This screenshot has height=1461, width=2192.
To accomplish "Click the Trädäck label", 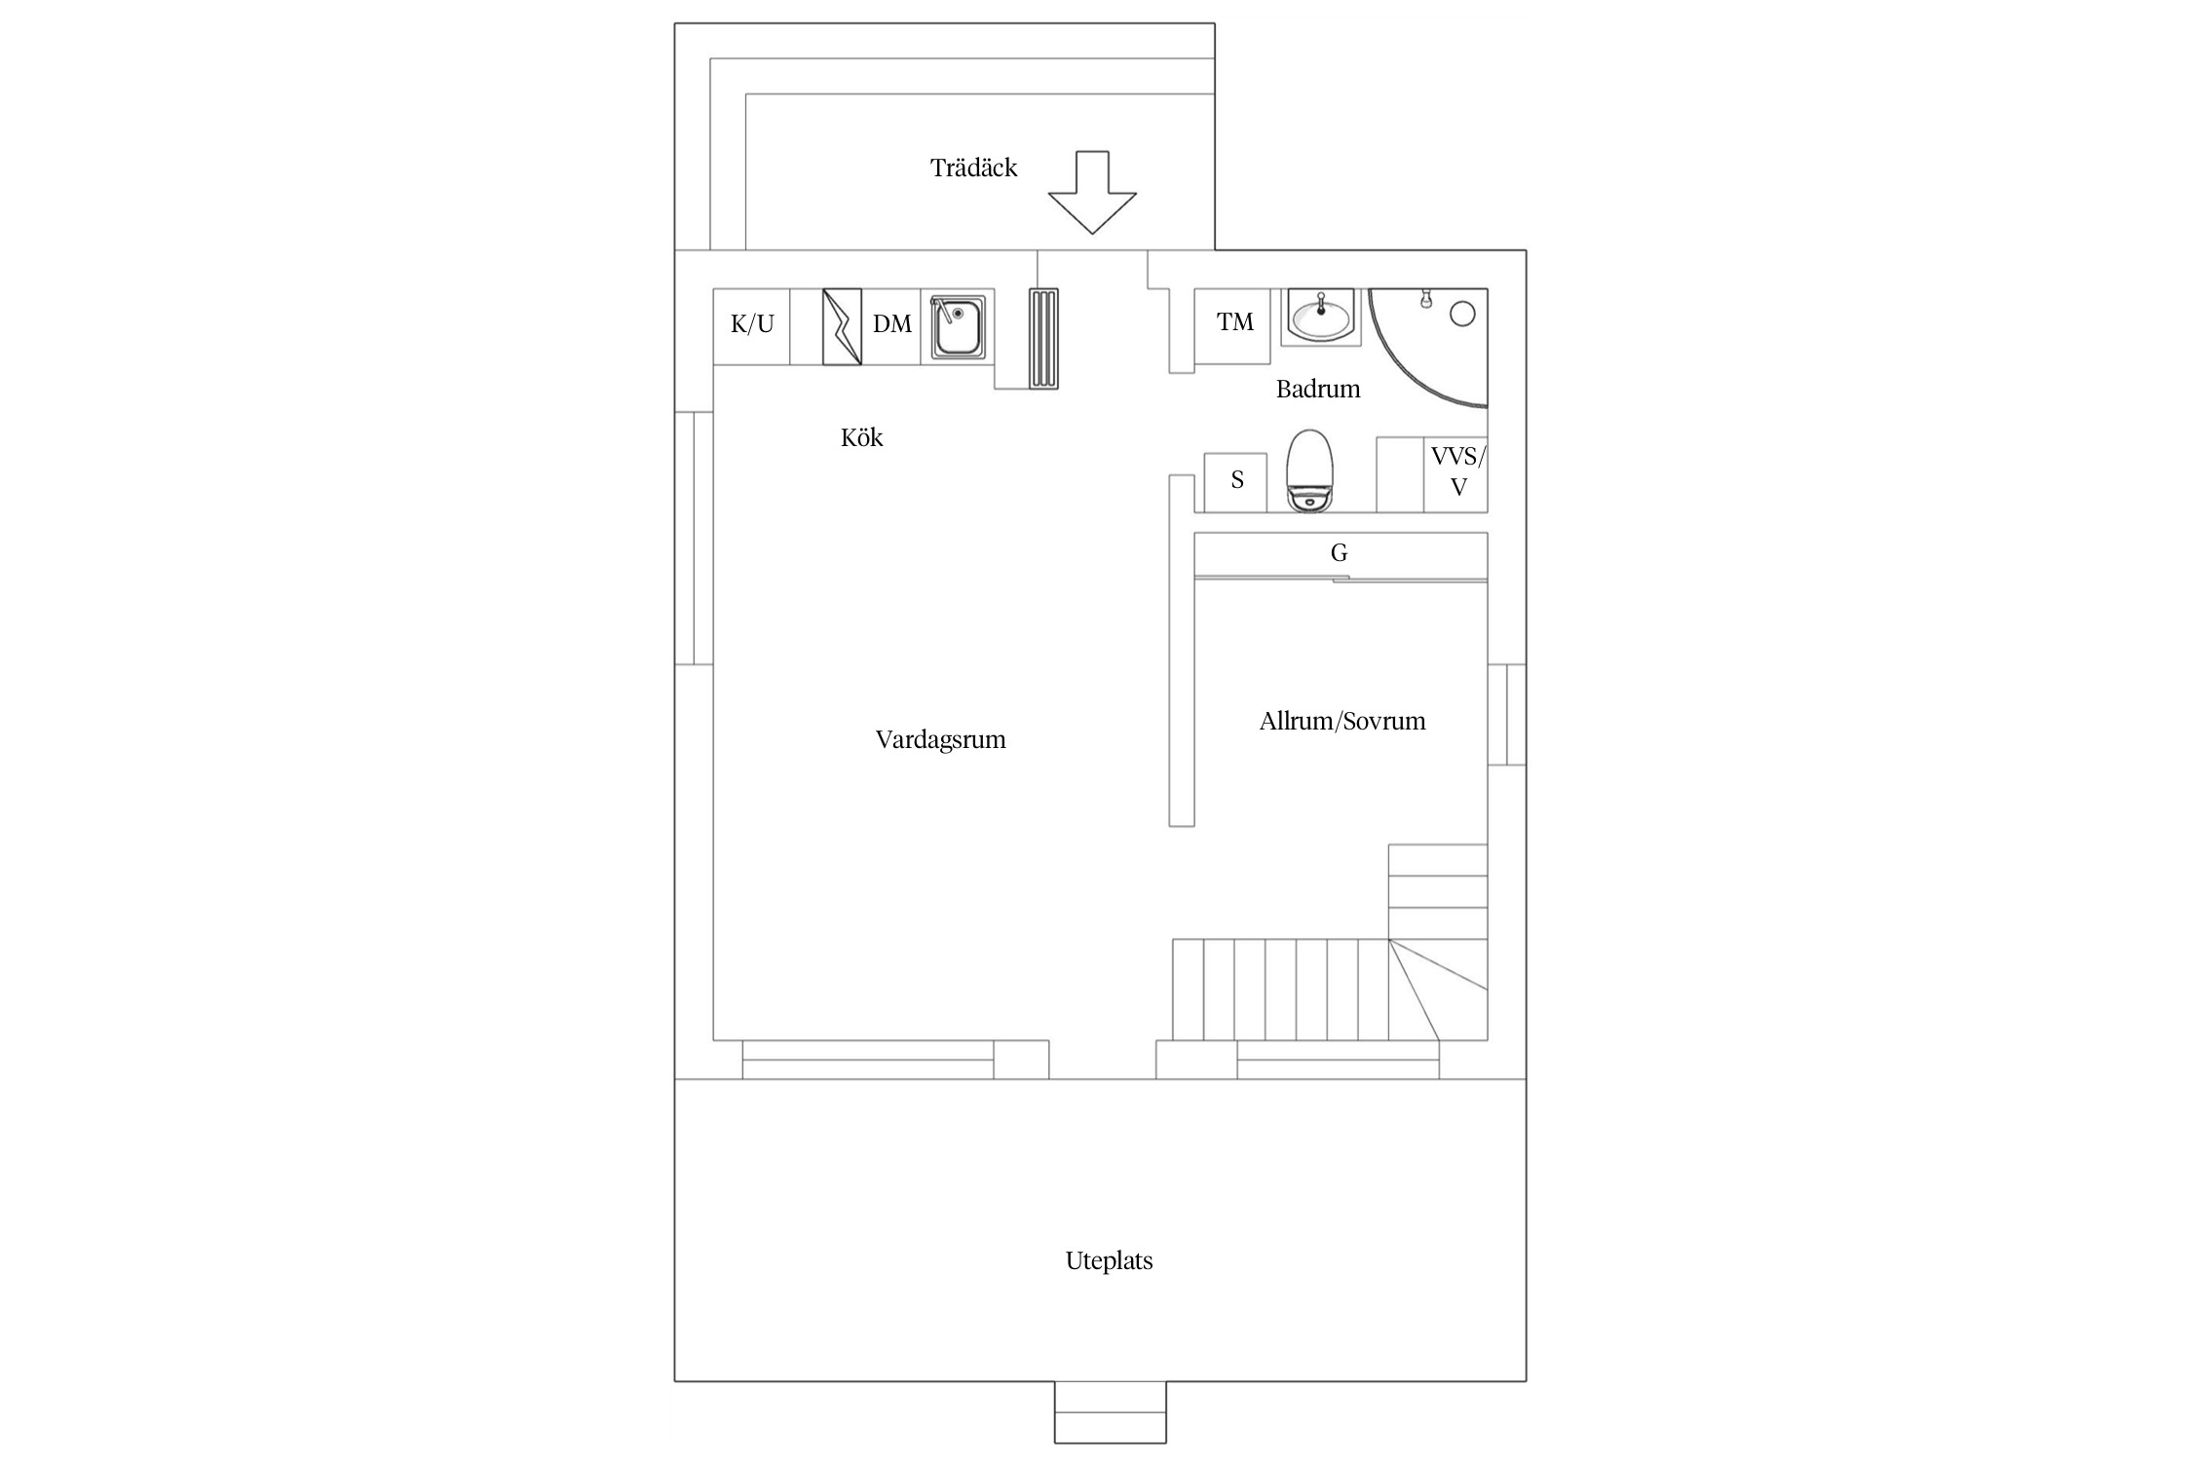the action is [973, 168].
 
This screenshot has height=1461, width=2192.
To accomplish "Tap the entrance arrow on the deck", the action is [1092, 193].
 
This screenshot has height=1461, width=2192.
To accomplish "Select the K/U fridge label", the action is [752, 323].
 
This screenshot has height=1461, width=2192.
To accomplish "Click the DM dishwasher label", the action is [892, 323].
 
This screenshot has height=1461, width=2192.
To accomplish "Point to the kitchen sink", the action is [958, 327].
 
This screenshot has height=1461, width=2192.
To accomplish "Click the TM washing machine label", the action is [1235, 321].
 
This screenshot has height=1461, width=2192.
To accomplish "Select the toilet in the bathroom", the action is [1308, 471].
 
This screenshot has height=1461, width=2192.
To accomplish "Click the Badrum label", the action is [1318, 389].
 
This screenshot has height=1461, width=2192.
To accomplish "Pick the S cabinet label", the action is [1237, 479].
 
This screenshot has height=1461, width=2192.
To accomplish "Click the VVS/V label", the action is [1458, 471].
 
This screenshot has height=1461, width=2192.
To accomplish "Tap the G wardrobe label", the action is [1340, 553].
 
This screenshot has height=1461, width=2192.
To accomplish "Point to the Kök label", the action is [862, 437].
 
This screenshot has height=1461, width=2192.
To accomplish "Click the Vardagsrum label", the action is [940, 739].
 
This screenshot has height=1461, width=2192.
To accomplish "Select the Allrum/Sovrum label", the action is [1342, 721].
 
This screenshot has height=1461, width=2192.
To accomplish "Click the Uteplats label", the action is [1109, 1260].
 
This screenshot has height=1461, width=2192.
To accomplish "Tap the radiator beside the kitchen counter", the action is [1043, 339].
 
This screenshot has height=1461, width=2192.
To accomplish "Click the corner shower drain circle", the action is [1462, 314].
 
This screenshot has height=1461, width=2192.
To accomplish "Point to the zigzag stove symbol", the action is [842, 326].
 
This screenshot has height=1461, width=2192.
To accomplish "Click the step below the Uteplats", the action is [1110, 1412].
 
